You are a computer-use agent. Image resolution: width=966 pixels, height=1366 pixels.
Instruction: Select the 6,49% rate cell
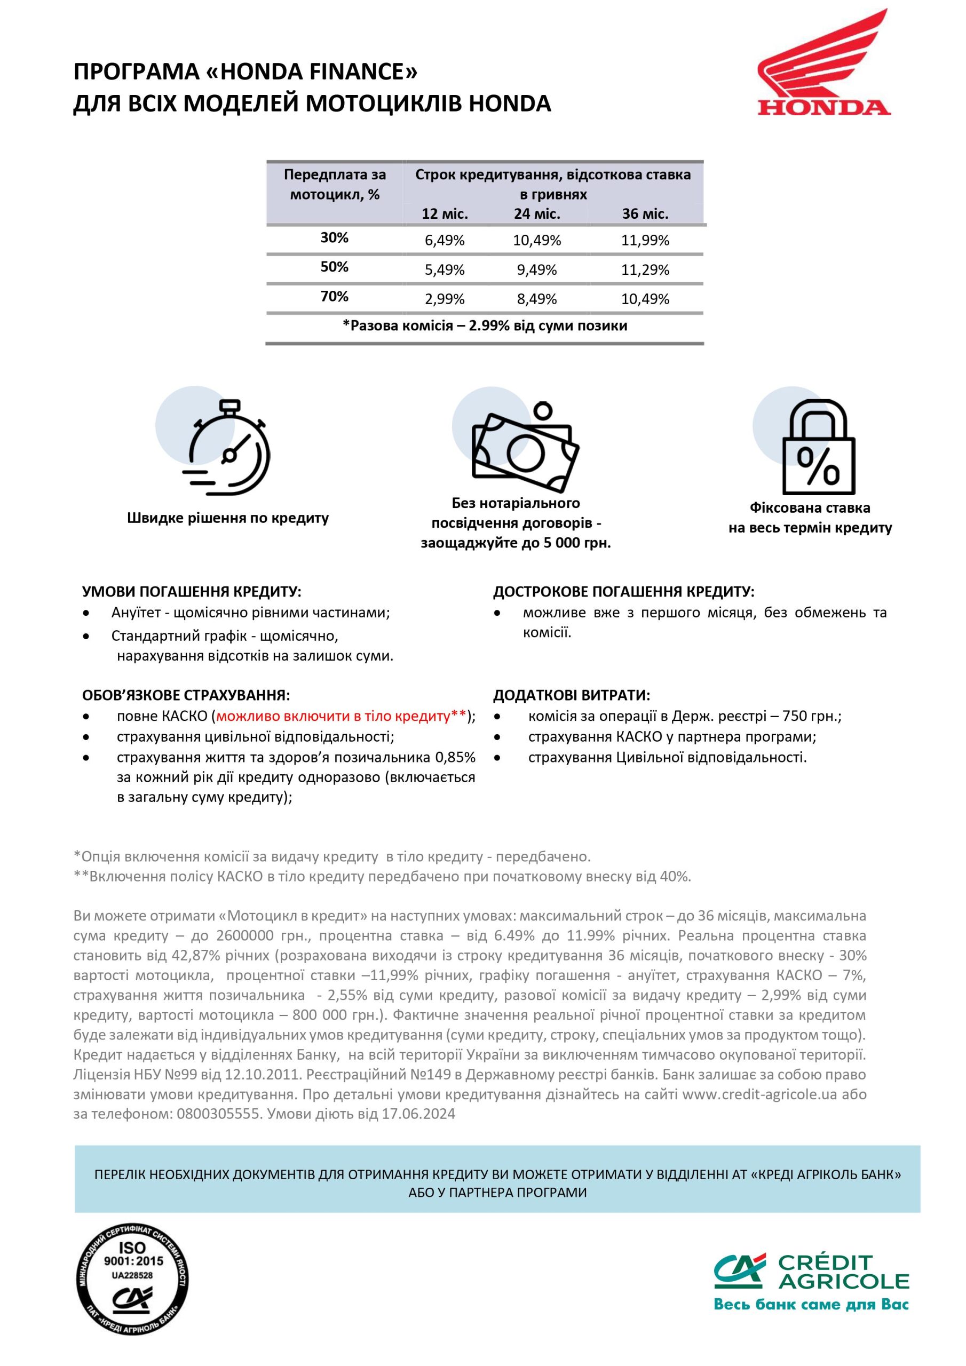pyautogui.click(x=444, y=240)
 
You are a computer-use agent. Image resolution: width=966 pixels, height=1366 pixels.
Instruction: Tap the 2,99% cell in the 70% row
pyautogui.click(x=444, y=299)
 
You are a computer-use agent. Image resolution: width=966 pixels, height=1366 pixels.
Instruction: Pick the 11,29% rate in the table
pyautogui.click(x=645, y=269)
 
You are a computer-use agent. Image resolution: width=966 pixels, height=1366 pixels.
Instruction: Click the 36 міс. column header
pyautogui.click(x=645, y=213)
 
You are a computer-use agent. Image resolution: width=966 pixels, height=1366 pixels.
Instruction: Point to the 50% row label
pyautogui.click(x=334, y=267)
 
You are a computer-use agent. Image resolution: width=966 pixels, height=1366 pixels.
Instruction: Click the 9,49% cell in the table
pyautogui.click(x=536, y=269)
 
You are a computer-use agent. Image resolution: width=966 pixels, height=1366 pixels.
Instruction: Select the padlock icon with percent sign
pyautogui.click(x=818, y=447)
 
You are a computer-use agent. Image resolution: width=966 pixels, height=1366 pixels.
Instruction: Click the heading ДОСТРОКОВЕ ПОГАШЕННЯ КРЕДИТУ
pyautogui.click(x=623, y=592)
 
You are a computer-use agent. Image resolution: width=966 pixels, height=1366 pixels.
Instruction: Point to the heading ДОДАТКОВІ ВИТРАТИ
pyautogui.click(x=572, y=695)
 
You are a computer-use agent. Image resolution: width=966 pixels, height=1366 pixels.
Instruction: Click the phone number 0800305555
pyautogui.click(x=218, y=1114)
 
